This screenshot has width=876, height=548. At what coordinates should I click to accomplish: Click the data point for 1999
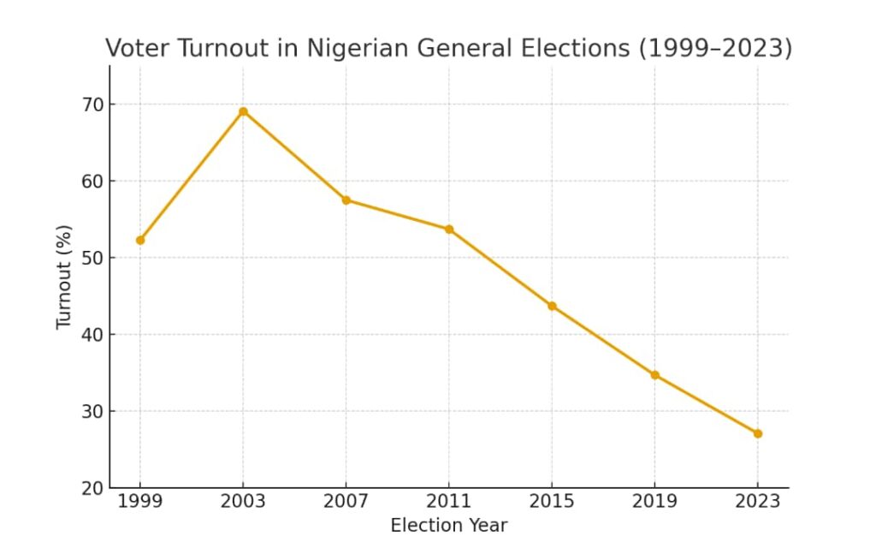tap(140, 241)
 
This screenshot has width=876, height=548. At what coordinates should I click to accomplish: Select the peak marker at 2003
tap(243, 111)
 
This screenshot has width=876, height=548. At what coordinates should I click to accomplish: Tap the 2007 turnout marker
tap(346, 200)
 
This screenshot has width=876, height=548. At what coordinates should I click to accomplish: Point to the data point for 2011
tap(449, 229)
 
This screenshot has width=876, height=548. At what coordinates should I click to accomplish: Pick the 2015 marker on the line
tap(552, 306)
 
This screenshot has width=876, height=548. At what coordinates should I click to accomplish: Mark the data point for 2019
tap(655, 375)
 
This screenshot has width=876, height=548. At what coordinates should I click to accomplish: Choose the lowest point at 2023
tap(758, 433)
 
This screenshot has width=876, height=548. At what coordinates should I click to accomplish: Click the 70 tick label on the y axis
tap(92, 104)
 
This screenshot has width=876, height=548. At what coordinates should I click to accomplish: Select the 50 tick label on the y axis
tap(92, 258)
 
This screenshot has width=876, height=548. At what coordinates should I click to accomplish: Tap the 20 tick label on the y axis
tap(92, 488)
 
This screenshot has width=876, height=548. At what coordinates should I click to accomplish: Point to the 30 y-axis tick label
tap(92, 411)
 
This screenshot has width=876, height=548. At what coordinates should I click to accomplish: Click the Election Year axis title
tap(448, 526)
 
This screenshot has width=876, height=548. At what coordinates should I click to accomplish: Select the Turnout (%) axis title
tap(64, 277)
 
